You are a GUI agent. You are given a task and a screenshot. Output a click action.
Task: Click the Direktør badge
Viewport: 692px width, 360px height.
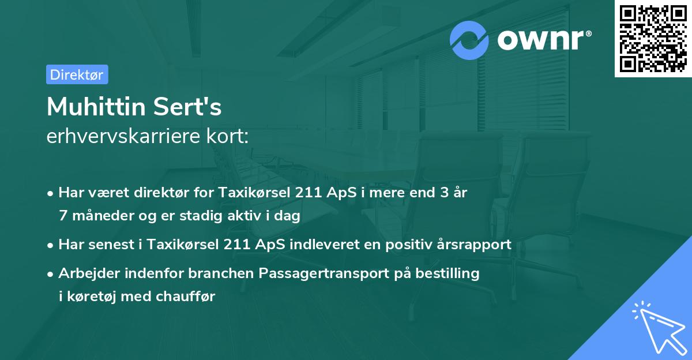click(77, 74)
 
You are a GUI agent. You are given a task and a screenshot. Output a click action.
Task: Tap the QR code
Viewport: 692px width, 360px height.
click(653, 39)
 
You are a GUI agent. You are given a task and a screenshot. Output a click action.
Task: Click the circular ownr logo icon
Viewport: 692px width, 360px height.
click(469, 40)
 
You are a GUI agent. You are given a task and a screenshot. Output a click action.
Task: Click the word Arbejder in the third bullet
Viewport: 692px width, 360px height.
click(84, 273)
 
